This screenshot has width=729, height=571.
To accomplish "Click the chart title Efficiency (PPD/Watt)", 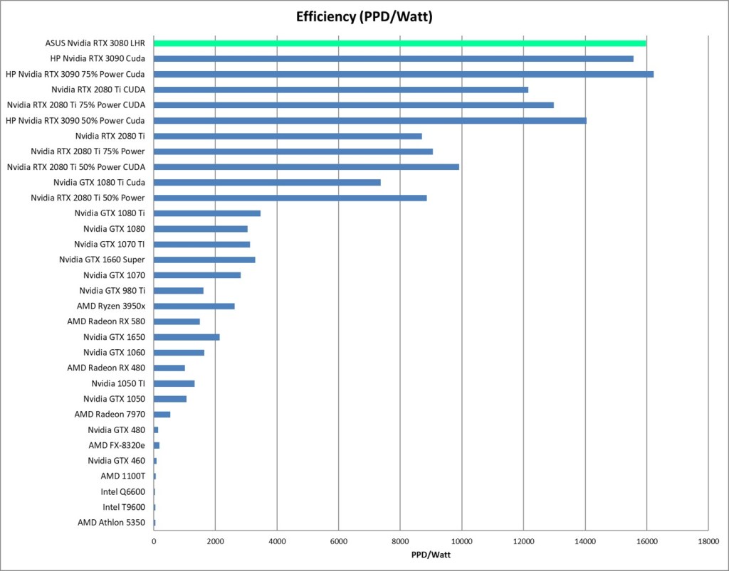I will click(364, 16).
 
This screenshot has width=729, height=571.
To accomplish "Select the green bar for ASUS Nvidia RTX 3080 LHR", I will click(399, 43).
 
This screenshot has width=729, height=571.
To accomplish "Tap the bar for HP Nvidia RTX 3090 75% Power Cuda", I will click(403, 74).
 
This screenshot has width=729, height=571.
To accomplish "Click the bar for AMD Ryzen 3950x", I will click(194, 306).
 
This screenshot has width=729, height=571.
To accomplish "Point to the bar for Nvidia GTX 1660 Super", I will click(204, 260).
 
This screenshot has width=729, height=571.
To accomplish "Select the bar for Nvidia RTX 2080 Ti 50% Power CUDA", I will click(306, 167).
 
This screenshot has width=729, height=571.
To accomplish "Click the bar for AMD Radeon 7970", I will click(162, 414).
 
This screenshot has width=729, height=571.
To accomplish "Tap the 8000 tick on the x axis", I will click(400, 541).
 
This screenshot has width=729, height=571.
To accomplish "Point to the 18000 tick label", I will click(708, 541).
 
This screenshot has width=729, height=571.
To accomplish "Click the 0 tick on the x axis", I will click(154, 541).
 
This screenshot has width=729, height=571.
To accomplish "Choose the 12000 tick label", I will click(523, 541).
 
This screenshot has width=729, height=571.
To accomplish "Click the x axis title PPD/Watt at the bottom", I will click(431, 554).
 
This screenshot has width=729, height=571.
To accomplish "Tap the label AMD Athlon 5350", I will click(111, 523).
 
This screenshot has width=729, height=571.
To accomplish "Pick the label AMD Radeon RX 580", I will click(106, 321).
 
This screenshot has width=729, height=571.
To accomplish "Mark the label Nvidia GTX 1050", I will click(114, 399).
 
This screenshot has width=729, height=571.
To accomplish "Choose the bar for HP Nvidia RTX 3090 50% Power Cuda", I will click(369, 120).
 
